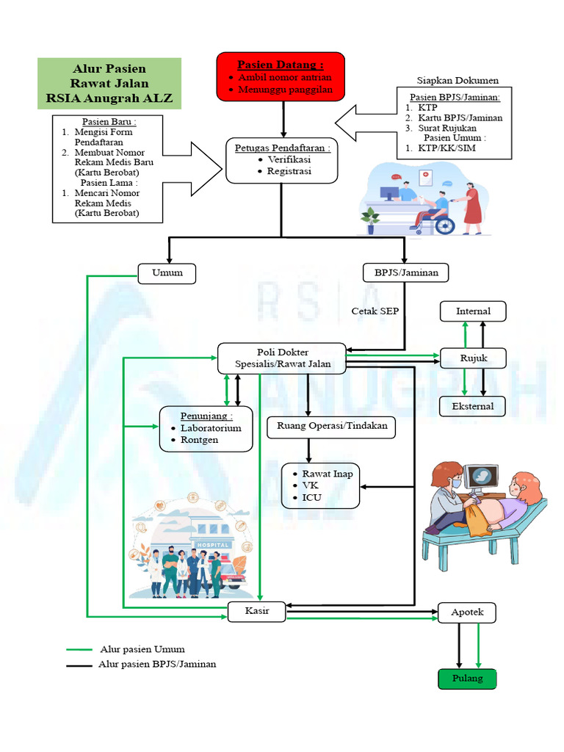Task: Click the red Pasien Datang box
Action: tap(281, 76)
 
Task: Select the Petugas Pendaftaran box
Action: tap(282, 159)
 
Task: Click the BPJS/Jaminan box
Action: tap(406, 273)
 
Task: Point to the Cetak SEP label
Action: tap(375, 311)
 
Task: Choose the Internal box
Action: tap(473, 311)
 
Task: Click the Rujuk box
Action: tap(473, 358)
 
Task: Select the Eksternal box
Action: tap(473, 405)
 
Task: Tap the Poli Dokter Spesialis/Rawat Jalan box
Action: tap(282, 358)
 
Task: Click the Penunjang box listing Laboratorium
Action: tap(206, 428)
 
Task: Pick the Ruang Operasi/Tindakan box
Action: tap(332, 426)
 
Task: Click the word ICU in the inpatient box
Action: tap(311, 498)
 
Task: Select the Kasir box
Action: tap(256, 612)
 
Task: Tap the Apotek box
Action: tap(466, 612)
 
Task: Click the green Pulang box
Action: tap(466, 679)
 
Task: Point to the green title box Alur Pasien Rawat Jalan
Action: tap(109, 84)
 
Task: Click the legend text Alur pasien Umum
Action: tap(142, 649)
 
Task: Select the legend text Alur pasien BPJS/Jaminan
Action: tap(157, 664)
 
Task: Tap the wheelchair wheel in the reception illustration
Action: tap(445, 225)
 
